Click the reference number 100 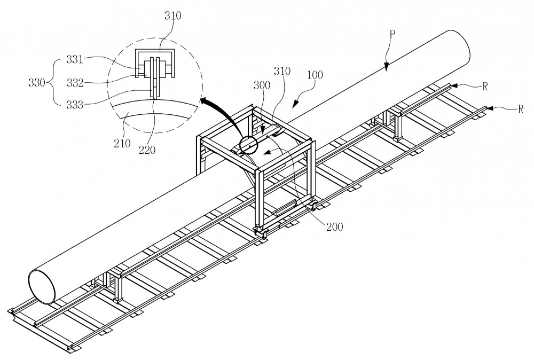(x=315, y=75)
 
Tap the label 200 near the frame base (x=334, y=226)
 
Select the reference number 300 (x=262, y=85)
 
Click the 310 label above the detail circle (x=173, y=15)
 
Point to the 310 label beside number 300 (x=282, y=71)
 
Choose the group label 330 (x=37, y=82)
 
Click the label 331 (x=75, y=60)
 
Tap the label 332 (x=75, y=83)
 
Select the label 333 (x=75, y=105)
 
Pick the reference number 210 (x=122, y=143)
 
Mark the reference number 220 (x=147, y=150)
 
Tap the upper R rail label (x=485, y=87)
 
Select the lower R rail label (x=520, y=109)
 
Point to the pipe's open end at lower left (x=42, y=286)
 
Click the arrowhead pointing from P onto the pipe (x=386, y=68)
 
